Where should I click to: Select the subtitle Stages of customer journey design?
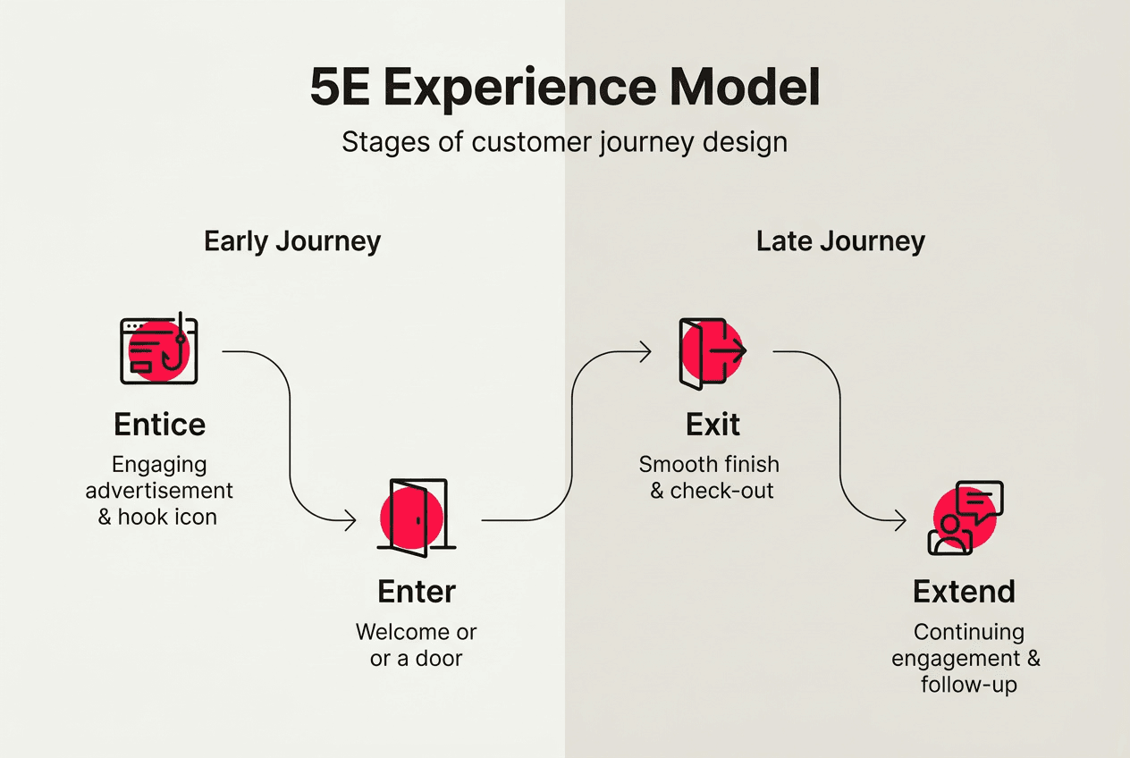click(x=564, y=143)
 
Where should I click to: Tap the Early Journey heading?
click(x=292, y=241)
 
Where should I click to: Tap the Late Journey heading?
click(x=840, y=241)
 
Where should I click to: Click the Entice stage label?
click(x=159, y=425)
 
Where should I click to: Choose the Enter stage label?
click(x=417, y=592)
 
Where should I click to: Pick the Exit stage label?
click(x=713, y=425)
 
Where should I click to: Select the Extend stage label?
click(x=964, y=592)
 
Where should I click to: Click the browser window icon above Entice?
click(x=158, y=350)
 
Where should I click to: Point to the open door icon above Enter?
click(x=416, y=518)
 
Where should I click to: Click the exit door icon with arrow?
click(x=712, y=352)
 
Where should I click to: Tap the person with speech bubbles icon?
click(x=964, y=518)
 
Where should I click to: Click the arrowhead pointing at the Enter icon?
click(x=350, y=520)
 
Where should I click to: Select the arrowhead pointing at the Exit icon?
click(x=645, y=352)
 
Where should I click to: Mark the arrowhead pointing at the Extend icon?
click(x=901, y=520)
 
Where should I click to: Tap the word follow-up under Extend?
click(x=969, y=685)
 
